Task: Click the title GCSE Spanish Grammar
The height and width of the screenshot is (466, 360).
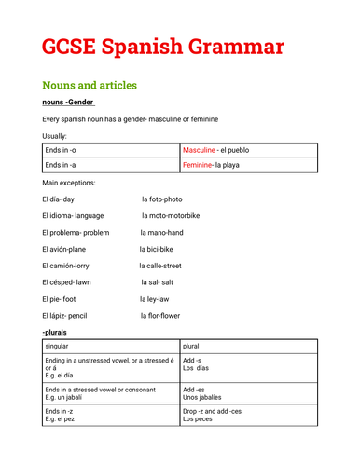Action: pyautogui.click(x=163, y=45)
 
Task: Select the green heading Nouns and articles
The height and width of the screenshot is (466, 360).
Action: pyautogui.click(x=103, y=85)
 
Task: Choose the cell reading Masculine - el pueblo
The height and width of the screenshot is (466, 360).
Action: pyautogui.click(x=215, y=150)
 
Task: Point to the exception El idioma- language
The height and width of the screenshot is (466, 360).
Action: pyautogui.click(x=73, y=215)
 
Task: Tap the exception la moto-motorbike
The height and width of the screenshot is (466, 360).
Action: pyautogui.click(x=171, y=215)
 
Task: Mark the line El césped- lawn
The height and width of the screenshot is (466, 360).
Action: pyautogui.click(x=70, y=282)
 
